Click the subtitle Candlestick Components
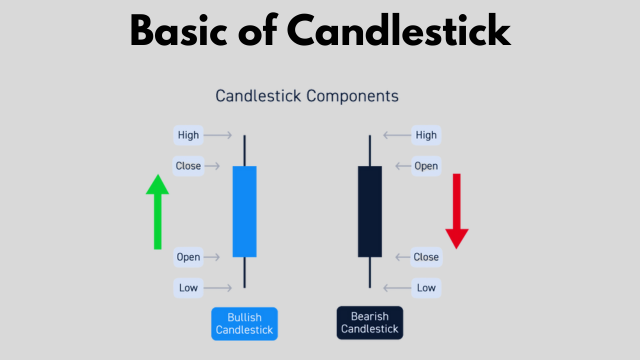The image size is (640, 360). [x=308, y=97]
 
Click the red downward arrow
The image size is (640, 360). [x=457, y=211]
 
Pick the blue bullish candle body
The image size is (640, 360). [x=244, y=211]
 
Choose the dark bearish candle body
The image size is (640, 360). [x=370, y=211]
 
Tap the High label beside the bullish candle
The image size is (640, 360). [x=188, y=135]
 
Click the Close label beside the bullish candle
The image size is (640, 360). [x=188, y=166]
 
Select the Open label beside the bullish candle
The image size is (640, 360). [x=188, y=257]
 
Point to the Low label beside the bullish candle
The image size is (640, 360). [x=188, y=288]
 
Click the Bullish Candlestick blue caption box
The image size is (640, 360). [x=244, y=323]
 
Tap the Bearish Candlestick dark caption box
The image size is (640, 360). [x=370, y=323]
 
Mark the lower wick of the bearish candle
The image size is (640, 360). [x=370, y=271]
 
